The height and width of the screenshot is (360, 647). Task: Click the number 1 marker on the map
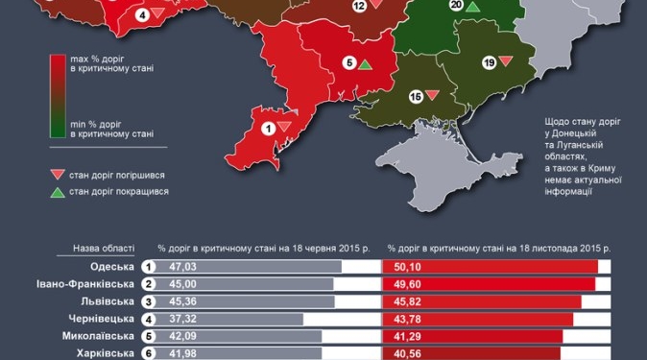click(x=268, y=127)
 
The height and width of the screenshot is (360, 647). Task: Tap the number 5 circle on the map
click(x=348, y=63)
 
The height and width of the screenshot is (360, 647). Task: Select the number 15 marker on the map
click(x=416, y=96)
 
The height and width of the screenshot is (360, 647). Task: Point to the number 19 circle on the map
click(x=489, y=62)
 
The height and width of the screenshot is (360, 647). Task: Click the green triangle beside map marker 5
click(x=365, y=64)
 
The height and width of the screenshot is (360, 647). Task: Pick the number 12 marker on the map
click(x=359, y=6)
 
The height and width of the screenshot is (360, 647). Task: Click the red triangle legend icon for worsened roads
click(x=57, y=174)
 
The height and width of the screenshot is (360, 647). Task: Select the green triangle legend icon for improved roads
click(x=57, y=191)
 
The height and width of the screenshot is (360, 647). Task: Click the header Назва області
click(x=104, y=248)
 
